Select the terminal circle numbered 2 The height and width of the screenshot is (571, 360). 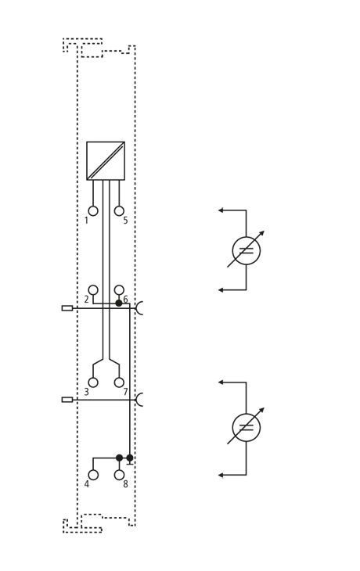(x=93, y=290)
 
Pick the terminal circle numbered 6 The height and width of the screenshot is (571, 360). (x=119, y=290)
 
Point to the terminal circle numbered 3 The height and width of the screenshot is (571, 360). (x=93, y=382)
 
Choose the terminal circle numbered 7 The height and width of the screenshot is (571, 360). (x=119, y=382)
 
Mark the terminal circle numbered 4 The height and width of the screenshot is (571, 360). (x=93, y=475)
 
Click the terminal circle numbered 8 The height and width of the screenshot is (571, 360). (x=119, y=475)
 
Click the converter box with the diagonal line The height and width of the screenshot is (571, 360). (x=106, y=160)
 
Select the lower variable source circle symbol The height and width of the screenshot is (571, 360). (x=247, y=413)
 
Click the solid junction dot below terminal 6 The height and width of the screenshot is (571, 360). (x=119, y=303)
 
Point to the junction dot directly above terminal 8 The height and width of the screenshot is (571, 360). (x=119, y=458)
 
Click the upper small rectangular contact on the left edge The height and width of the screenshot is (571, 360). (x=67, y=308)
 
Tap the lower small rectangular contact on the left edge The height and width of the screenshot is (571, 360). (x=67, y=400)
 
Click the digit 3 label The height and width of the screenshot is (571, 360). (x=86, y=392)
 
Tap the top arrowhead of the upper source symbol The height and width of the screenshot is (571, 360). (x=221, y=210)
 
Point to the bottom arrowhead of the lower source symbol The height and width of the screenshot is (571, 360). (x=221, y=476)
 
